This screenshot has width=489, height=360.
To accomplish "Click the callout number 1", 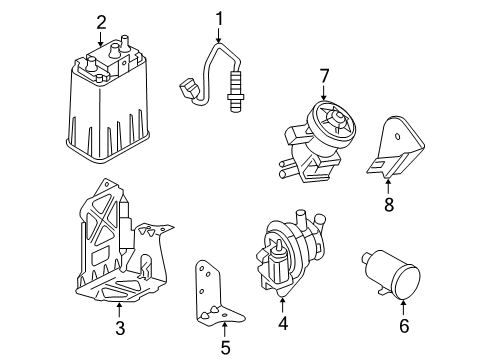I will (219, 17).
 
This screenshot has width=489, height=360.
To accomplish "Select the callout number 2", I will (101, 21).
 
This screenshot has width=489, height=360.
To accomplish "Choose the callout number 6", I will (404, 325).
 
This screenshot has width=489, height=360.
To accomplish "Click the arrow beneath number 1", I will (219, 37).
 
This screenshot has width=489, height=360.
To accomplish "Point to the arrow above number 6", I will (404, 306).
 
